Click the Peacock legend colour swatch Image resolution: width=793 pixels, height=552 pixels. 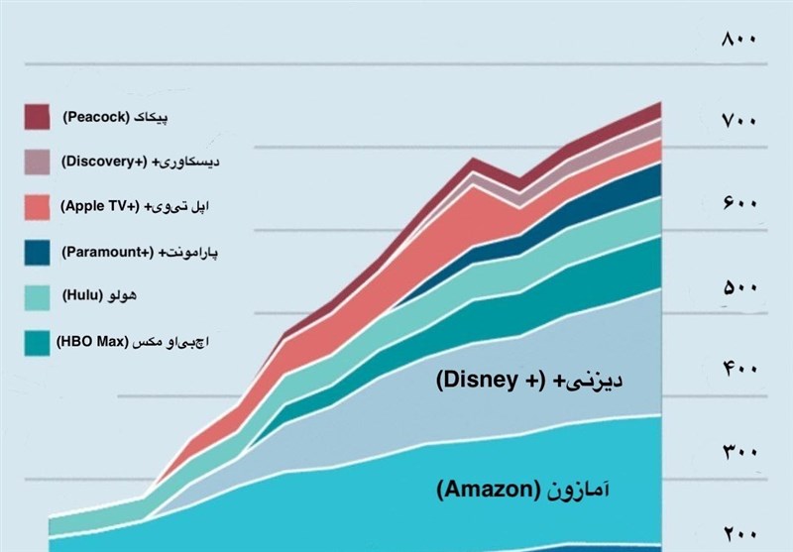click(x=37, y=117)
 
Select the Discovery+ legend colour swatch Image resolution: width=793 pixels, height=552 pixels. click(x=37, y=162)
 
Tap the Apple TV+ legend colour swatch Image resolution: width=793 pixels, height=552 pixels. click(x=37, y=206)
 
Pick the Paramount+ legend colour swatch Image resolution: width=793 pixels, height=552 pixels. click(x=37, y=252)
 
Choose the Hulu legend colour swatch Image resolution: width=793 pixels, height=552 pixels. click(x=37, y=296)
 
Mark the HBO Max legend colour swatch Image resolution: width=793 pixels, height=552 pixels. click(x=37, y=342)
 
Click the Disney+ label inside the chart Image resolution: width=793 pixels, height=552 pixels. click(x=519, y=380)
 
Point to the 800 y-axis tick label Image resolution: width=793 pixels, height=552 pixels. click(x=739, y=39)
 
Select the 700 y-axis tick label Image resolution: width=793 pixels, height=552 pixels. click(x=739, y=121)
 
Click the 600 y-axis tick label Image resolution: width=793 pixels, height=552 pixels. click(x=739, y=204)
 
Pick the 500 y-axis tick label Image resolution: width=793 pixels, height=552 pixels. click(x=739, y=287)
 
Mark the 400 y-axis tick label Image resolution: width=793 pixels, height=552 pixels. click(x=739, y=370)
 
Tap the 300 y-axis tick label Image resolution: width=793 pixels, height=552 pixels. click(x=739, y=453)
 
